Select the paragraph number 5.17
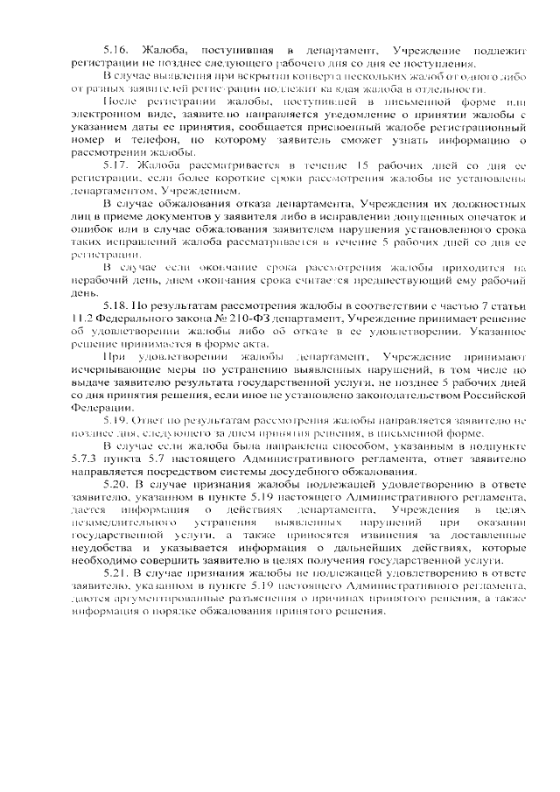[x=116, y=165]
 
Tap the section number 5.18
[x=116, y=305]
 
